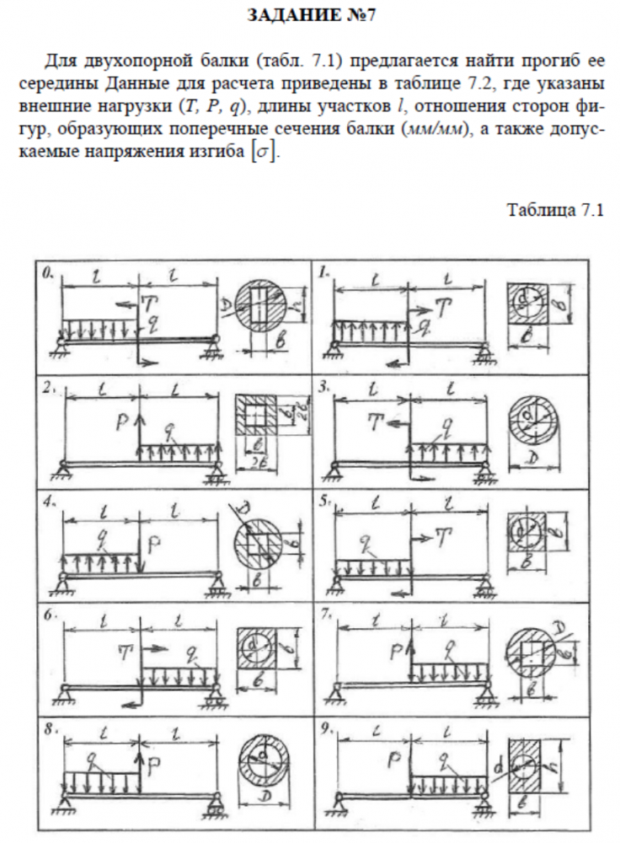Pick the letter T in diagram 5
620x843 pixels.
(443, 536)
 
